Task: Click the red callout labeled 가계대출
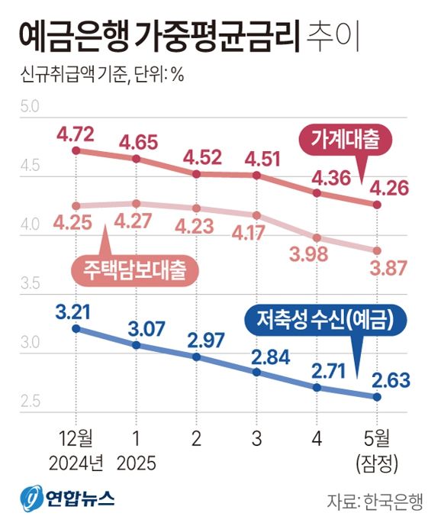[x=340, y=140]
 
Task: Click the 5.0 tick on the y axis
[x=30, y=106]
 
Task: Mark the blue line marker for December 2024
[x=76, y=329]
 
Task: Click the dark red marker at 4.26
[x=377, y=205]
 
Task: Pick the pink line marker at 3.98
[x=317, y=238]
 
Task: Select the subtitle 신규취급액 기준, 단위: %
[x=100, y=76]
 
